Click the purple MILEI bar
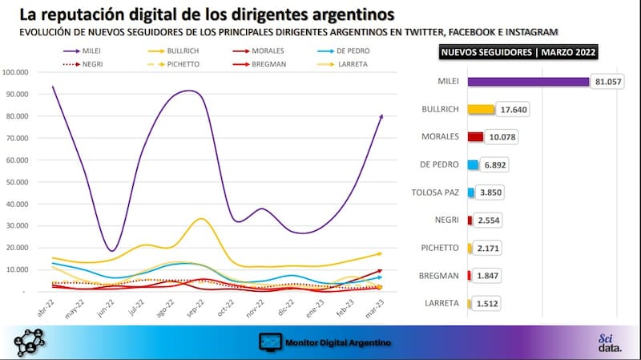tap(528, 82)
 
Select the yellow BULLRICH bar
tap(481, 109)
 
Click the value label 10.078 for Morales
tap(503, 137)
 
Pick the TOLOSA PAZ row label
tap(434, 192)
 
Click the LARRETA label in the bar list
tap(441, 302)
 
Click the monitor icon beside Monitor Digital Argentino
tap(270, 342)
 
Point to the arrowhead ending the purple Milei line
tap(381, 116)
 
